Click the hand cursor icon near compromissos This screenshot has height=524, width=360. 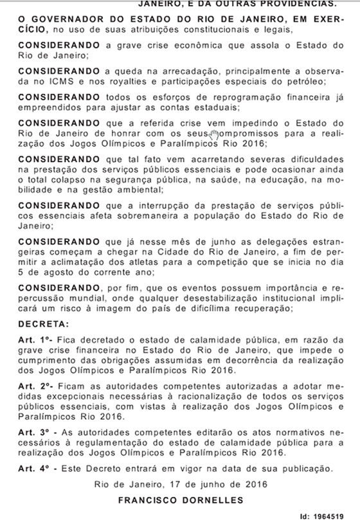[x=215, y=133]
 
